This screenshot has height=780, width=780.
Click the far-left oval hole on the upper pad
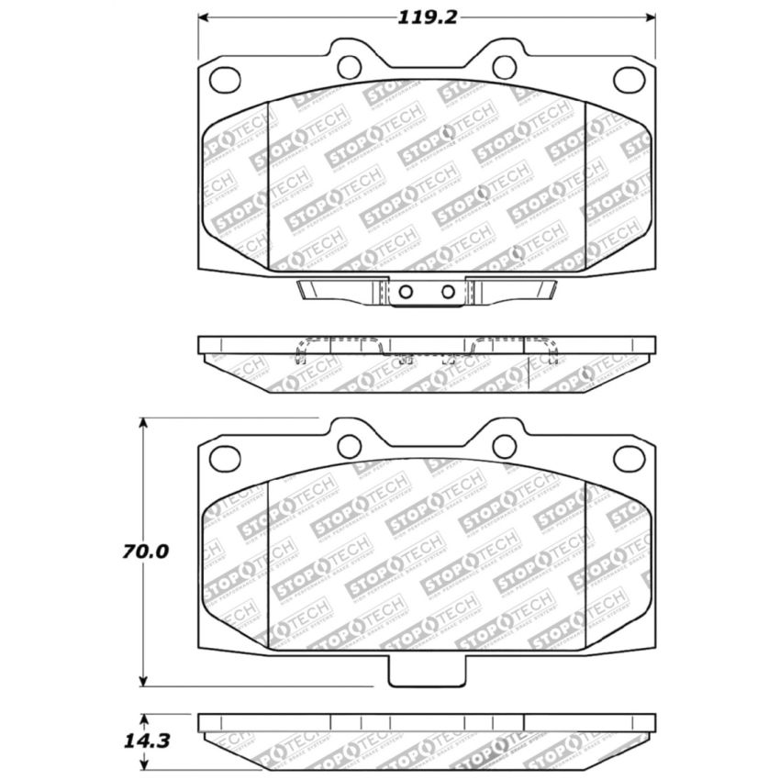click(225, 80)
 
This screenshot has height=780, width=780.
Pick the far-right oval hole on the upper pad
click(630, 80)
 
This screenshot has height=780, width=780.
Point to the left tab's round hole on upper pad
click(349, 66)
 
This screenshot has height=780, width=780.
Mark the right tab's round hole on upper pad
click(505, 66)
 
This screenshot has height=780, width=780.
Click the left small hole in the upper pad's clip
click(404, 292)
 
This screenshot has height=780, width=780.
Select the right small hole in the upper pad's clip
click(448, 292)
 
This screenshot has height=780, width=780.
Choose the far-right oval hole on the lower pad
click(630, 458)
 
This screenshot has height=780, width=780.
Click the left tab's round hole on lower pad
click(349, 446)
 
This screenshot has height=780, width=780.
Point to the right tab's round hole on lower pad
click(505, 446)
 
